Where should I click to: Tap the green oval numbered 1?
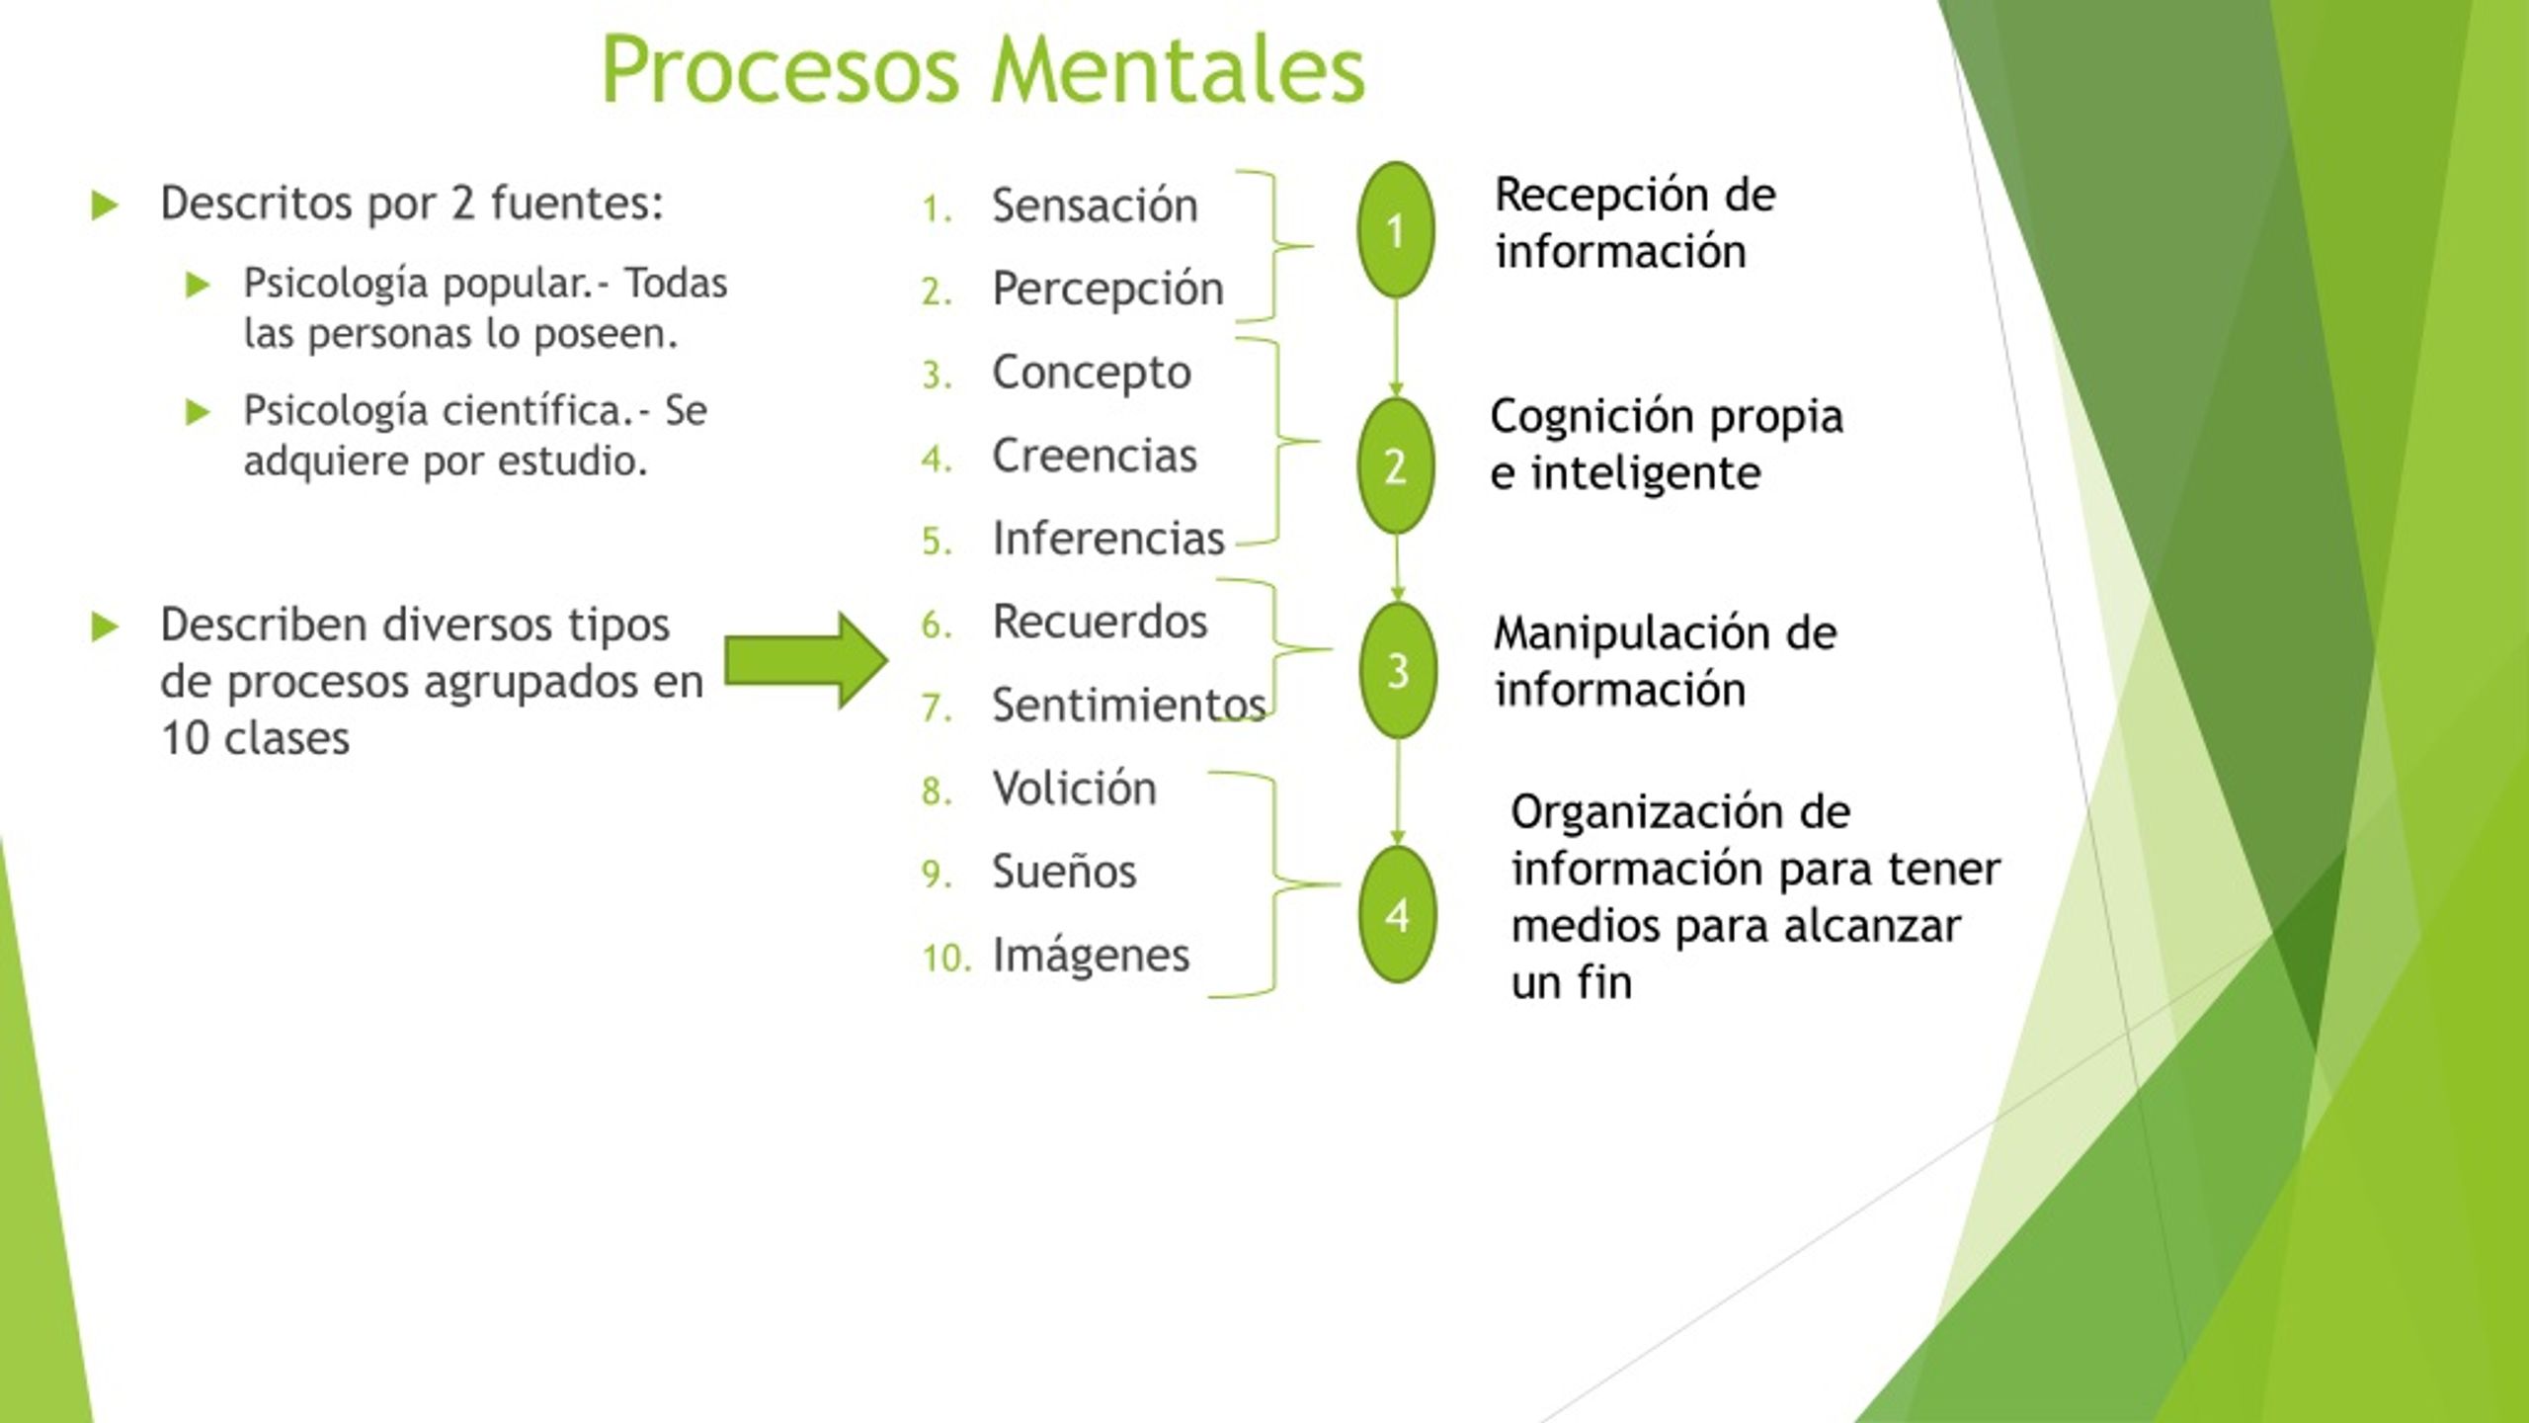pos(1395,230)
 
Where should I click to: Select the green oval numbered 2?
pos(1395,465)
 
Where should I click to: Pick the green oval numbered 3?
pos(1397,671)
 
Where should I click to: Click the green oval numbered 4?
pos(1397,914)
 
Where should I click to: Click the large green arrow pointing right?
pos(806,660)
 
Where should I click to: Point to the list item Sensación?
pos(1095,206)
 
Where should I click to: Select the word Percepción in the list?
pos(1107,291)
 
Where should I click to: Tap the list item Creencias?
pos(1095,456)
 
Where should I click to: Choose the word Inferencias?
pos(1108,539)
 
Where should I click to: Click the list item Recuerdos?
pos(1100,622)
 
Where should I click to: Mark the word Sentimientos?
pos(1129,705)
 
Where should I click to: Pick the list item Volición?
pos(1074,788)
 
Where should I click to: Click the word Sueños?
pos(1064,871)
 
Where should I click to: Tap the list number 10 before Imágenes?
pos(946,957)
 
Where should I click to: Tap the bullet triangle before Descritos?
pos(105,206)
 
